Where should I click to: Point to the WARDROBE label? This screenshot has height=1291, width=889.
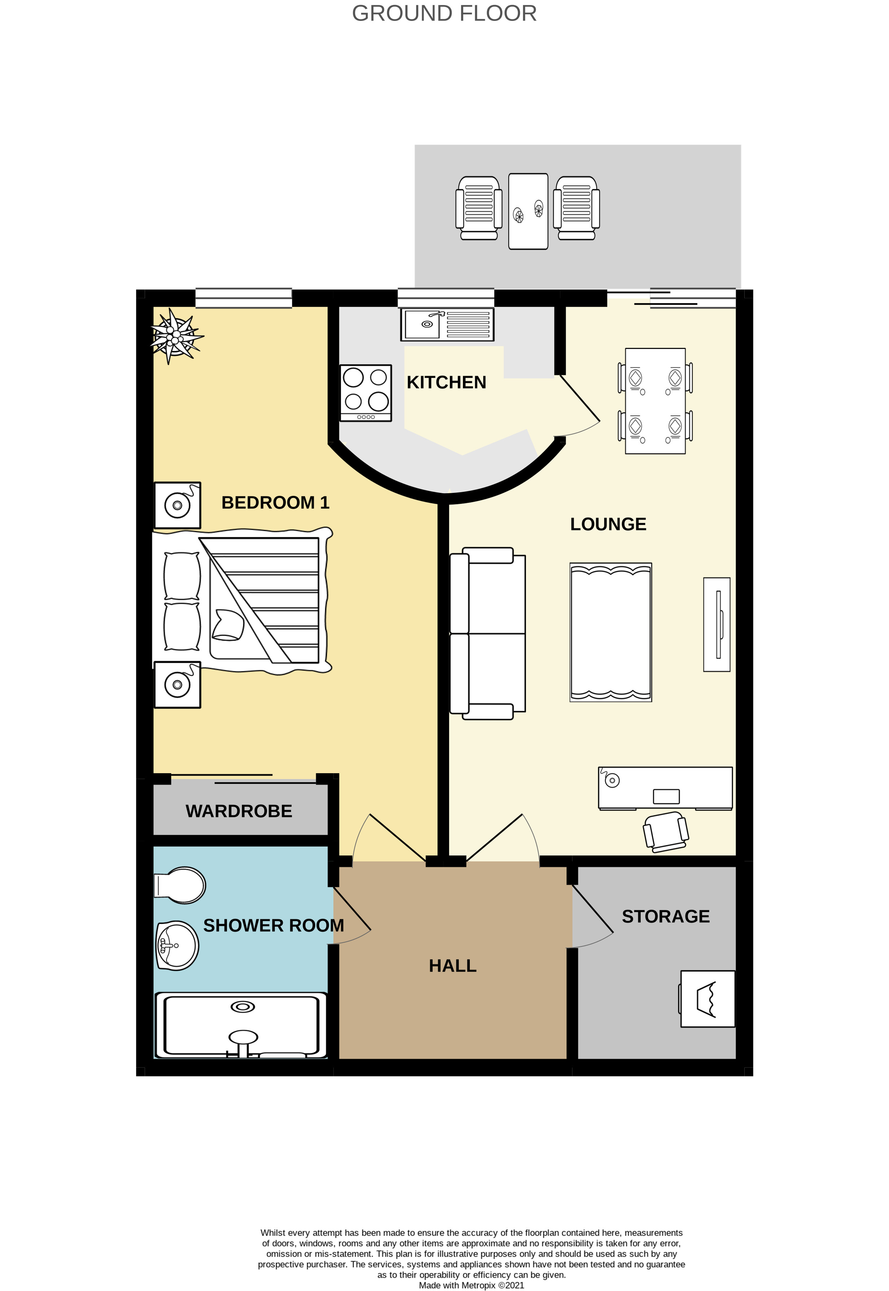pos(238,811)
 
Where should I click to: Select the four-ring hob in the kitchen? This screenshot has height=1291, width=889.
pos(365,393)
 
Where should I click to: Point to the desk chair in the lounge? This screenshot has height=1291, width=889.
pos(666,832)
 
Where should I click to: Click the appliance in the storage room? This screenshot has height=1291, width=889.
pos(707,999)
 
